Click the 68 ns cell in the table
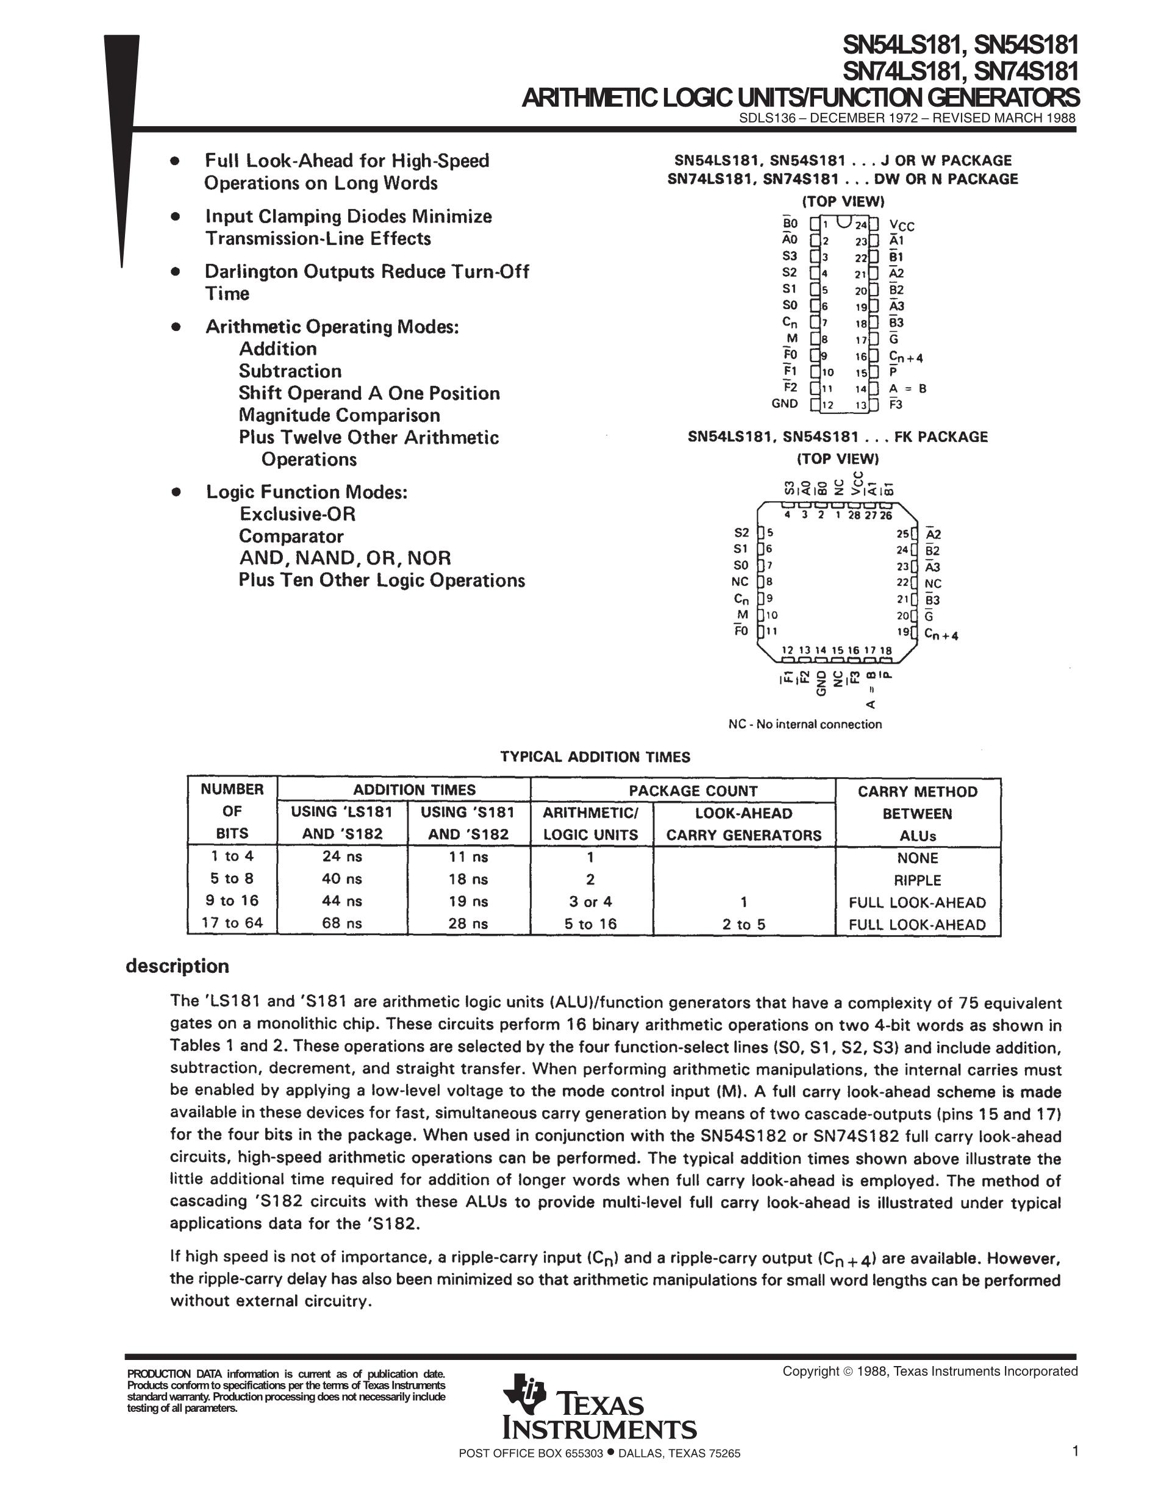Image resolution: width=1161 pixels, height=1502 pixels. pyautogui.click(x=342, y=923)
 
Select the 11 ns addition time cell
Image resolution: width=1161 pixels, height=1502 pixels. pyautogui.click(x=468, y=857)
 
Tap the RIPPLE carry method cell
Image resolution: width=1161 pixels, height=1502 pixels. pyautogui.click(x=917, y=880)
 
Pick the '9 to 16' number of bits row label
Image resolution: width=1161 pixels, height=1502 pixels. pyautogui.click(x=232, y=901)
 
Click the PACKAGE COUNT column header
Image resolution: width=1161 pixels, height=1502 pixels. pyautogui.click(x=693, y=791)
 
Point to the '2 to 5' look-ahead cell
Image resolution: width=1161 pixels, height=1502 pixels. pyautogui.click(x=743, y=924)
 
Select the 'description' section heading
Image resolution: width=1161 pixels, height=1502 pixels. pyautogui.click(x=177, y=966)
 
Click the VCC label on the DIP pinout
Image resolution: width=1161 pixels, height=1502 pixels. pyautogui.click(x=902, y=226)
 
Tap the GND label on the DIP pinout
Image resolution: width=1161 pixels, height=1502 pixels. pyautogui.click(x=784, y=404)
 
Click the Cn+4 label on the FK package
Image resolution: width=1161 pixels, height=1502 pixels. pyautogui.click(x=941, y=635)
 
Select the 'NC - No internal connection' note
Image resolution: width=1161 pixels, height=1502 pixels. pyautogui.click(x=805, y=724)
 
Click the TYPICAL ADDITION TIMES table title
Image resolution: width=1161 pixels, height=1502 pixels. pyautogui.click(x=595, y=757)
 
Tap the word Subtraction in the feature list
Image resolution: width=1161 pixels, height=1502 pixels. pyautogui.click(x=290, y=371)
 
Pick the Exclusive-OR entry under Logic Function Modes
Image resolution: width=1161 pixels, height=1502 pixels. pyautogui.click(x=297, y=514)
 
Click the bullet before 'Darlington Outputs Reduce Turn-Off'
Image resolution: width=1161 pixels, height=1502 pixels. pyautogui.click(x=176, y=272)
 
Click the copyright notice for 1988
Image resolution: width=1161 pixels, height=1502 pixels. pyautogui.click(x=929, y=1372)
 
